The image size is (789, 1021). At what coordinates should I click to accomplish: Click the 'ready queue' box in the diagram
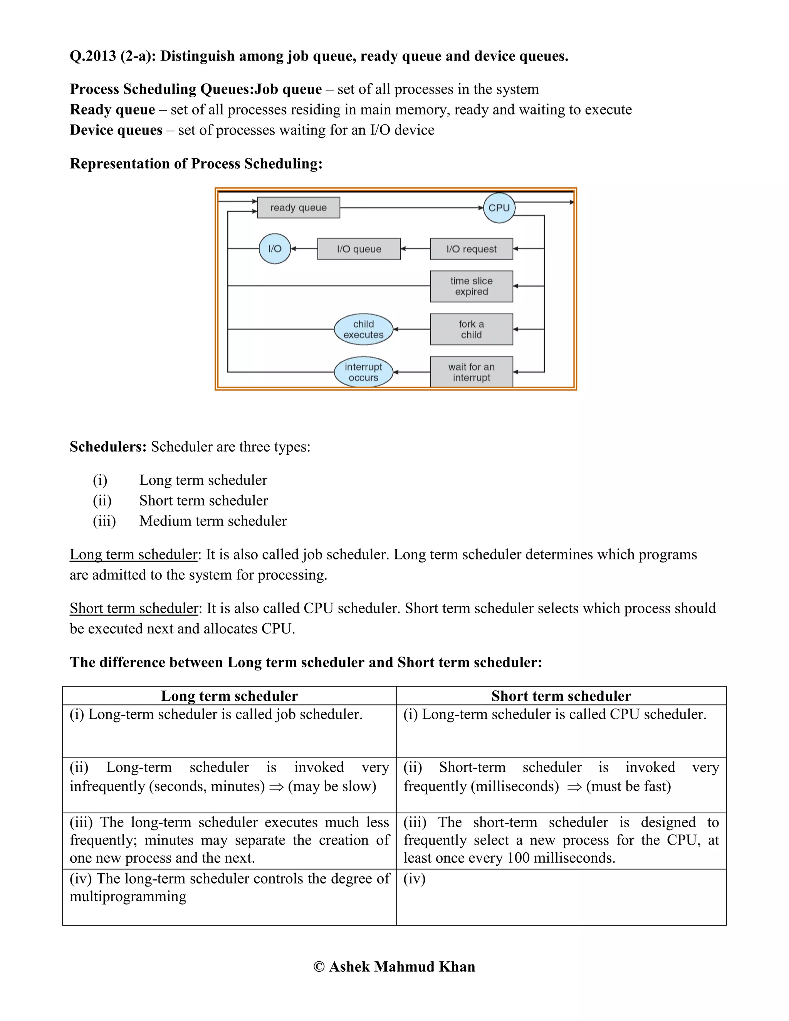(x=298, y=208)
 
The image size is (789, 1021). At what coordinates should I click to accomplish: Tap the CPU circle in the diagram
(x=499, y=208)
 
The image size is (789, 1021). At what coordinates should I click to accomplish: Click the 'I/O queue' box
(x=359, y=249)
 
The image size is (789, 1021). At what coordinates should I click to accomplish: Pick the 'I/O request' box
(x=471, y=249)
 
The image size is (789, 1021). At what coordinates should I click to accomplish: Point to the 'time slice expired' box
(x=471, y=286)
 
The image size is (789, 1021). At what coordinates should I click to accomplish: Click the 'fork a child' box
(x=471, y=329)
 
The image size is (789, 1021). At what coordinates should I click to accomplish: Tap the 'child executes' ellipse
(x=363, y=329)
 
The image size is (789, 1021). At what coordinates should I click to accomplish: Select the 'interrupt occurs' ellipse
(x=363, y=372)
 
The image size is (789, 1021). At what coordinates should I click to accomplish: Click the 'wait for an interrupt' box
(x=471, y=372)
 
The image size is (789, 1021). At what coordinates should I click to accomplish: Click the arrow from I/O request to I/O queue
(x=415, y=249)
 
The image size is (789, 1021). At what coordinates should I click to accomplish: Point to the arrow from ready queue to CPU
(x=411, y=208)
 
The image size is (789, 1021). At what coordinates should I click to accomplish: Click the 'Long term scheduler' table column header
(x=229, y=696)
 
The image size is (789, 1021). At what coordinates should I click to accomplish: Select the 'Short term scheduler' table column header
(x=561, y=696)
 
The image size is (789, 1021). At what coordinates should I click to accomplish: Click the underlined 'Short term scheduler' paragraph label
(x=134, y=608)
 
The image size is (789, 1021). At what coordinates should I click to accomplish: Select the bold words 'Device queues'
(x=116, y=130)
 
